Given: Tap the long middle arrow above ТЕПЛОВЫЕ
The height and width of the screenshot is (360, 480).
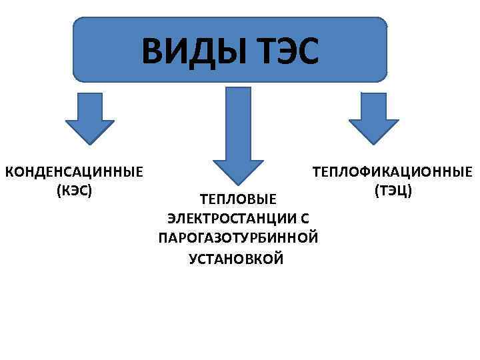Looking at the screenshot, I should pos(233,133).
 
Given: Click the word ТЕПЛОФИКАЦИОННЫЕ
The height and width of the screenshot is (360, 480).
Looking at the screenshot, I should pos(393,173).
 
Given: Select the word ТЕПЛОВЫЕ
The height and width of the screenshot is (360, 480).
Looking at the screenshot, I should pos(238,199).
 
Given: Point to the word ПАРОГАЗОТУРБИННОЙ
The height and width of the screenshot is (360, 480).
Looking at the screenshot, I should pos(238,238).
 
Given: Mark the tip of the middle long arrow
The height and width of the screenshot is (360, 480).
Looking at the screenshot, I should pos(233,183).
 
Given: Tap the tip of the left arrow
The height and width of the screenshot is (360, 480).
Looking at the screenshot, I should pos(89,143).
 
